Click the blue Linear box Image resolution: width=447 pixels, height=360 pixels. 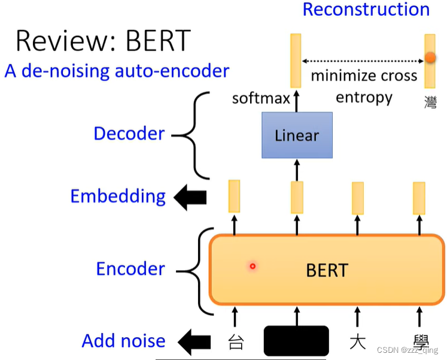pyautogui.click(x=297, y=135)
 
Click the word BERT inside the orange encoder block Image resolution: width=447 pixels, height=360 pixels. pyautogui.click(x=326, y=270)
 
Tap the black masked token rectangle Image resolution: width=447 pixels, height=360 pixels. pyautogui.click(x=296, y=341)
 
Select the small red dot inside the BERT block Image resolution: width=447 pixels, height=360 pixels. pyautogui.click(x=253, y=266)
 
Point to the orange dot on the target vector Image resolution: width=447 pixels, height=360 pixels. pyautogui.click(x=430, y=59)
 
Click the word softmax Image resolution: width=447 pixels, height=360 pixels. pyautogui.click(x=261, y=98)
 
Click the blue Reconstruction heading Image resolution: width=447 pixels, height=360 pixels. pyautogui.click(x=366, y=10)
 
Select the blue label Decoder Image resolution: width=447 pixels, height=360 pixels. pyautogui.click(x=129, y=134)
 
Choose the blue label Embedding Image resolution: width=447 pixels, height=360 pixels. pyautogui.click(x=118, y=196)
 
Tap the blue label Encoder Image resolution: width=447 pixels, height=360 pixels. pyautogui.click(x=130, y=269)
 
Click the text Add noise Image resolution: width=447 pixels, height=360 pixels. pyautogui.click(x=123, y=341)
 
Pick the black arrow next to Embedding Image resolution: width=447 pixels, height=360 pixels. pyautogui.click(x=190, y=198)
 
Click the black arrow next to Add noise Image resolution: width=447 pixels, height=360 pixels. pyautogui.click(x=194, y=342)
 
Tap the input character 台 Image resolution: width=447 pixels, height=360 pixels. pyautogui.click(x=236, y=343)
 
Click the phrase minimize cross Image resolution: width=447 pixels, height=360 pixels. pyautogui.click(x=364, y=75)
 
